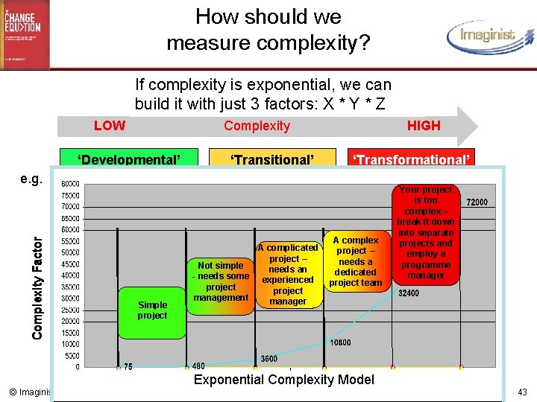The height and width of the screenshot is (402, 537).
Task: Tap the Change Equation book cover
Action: pyautogui.click(x=25, y=34)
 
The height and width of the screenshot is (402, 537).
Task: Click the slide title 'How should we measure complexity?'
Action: pyautogui.click(x=268, y=30)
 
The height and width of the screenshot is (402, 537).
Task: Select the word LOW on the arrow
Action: pyautogui.click(x=110, y=126)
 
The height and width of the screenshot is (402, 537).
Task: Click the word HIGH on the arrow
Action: pyautogui.click(x=424, y=126)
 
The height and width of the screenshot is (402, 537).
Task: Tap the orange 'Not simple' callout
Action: pyautogui.click(x=221, y=281)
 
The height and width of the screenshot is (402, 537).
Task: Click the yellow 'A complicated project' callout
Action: pyautogui.click(x=288, y=274)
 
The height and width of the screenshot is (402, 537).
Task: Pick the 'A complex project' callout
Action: pyautogui.click(x=355, y=261)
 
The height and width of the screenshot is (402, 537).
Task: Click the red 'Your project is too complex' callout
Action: pyautogui.click(x=426, y=232)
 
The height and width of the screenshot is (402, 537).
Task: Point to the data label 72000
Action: pyautogui.click(x=477, y=202)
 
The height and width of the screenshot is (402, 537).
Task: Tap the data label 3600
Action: pyautogui.click(x=268, y=358)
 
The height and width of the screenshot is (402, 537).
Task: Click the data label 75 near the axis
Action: pyautogui.click(x=128, y=366)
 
